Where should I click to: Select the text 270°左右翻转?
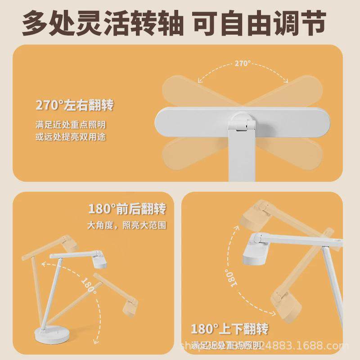tap(75, 106)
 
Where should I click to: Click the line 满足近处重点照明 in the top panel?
tap(71, 124)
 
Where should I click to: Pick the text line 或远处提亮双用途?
tap(71, 136)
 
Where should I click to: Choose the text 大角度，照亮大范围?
tap(127, 225)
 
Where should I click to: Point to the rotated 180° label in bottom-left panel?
tap(89, 285)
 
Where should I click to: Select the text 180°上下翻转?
tap(229, 329)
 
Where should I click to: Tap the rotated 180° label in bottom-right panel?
tap(230, 277)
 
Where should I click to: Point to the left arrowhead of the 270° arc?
tap(199, 81)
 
